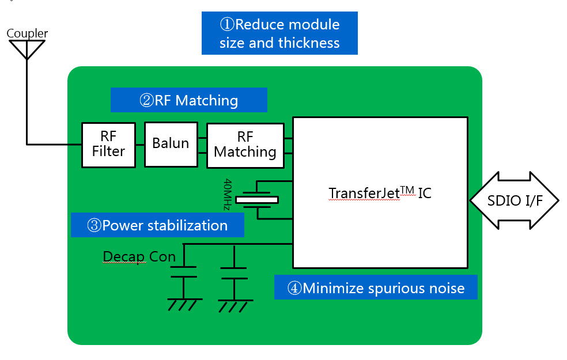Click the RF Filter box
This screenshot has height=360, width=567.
coord(108,145)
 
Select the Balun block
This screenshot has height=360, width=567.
coord(171,144)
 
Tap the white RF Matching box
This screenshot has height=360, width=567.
coord(245,145)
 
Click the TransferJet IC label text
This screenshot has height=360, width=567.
coord(379,193)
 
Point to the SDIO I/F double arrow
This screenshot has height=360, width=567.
coord(515,200)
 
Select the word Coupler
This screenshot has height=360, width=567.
coord(27,33)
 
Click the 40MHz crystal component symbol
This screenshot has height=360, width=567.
coord(257,200)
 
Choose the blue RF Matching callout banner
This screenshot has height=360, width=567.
coord(188,100)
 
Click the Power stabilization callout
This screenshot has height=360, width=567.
coord(157,225)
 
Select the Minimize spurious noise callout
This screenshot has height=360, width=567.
coord(376,288)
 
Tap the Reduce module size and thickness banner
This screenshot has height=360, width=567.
coord(279,33)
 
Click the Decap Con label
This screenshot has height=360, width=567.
coord(139,256)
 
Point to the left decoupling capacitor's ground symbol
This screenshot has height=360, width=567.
coord(184,304)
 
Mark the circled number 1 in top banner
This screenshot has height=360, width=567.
coord(226,25)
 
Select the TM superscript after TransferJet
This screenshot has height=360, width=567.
coord(408,188)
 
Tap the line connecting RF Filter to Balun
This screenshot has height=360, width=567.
coord(140,144)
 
